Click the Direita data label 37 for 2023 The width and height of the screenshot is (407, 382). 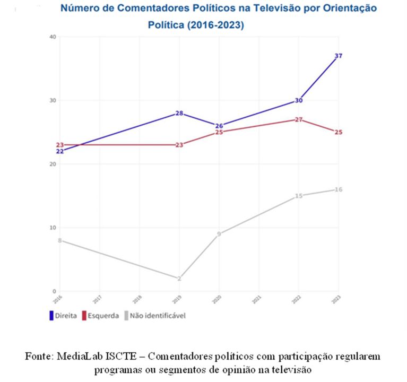pos(338,56)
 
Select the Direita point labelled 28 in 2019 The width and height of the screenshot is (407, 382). pos(179,113)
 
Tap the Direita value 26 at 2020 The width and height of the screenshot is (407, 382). pos(219,126)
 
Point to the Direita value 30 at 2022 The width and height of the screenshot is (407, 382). pos(299,100)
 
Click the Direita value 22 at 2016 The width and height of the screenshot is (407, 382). pos(60,151)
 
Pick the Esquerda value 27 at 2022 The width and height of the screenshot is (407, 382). pos(299,119)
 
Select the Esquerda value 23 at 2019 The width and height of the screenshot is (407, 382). pos(179,145)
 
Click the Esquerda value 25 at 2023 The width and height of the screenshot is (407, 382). pos(338,132)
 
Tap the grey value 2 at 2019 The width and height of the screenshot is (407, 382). pos(179,279)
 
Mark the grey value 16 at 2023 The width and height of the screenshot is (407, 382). pos(338,189)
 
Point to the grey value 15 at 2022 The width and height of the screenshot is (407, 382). pos(299,196)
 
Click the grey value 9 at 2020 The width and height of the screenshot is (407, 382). pos(219,234)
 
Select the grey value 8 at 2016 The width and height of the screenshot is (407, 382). pos(60,240)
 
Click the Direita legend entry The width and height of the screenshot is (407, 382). pos(63,316)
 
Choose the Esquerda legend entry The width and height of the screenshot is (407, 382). pos(100,316)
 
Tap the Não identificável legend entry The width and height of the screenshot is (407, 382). pos(154,316)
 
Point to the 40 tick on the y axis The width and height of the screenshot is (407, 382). pos(52,37)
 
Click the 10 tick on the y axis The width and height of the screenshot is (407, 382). pos(52,228)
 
